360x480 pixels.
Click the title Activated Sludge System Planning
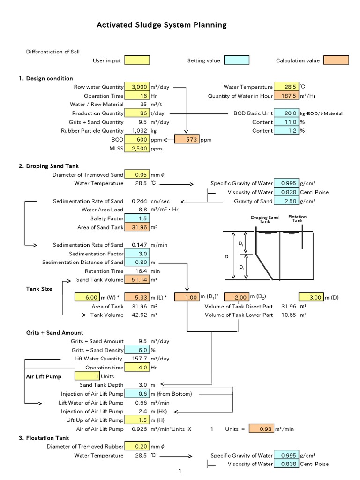point(161,25)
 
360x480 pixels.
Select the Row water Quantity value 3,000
point(137,87)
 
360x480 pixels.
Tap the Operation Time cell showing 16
point(137,96)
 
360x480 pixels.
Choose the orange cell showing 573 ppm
point(187,140)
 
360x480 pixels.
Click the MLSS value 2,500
point(137,149)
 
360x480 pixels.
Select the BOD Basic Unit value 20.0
point(286,113)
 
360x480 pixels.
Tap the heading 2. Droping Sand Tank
point(52,166)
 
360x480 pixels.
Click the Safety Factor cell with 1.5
point(137,218)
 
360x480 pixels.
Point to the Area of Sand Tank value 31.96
point(137,227)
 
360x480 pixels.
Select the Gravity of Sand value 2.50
point(286,201)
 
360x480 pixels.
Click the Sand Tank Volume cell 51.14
point(137,280)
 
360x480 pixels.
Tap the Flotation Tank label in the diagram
point(297,218)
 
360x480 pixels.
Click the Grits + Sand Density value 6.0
point(137,350)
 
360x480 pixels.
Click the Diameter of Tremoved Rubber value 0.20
point(137,446)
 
